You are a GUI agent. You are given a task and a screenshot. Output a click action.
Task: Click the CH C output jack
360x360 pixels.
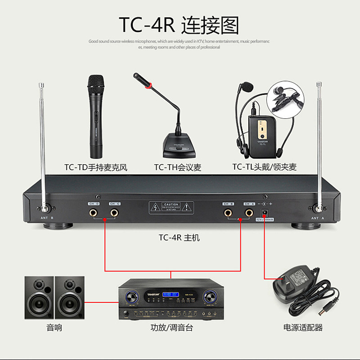click(114, 212)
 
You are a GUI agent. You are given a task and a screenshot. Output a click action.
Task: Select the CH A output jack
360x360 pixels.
click(248, 212)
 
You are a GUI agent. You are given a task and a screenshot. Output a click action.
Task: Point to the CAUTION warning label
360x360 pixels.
click(171, 208)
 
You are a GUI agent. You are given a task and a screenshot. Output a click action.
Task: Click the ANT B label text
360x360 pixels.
click(47, 218)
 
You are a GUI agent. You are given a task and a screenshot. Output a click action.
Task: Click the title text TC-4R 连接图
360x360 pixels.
click(179, 26)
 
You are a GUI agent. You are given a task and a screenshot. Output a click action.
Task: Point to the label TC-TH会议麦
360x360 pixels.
click(177, 167)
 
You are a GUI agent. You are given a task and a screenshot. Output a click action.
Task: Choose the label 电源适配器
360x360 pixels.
click(303, 328)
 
